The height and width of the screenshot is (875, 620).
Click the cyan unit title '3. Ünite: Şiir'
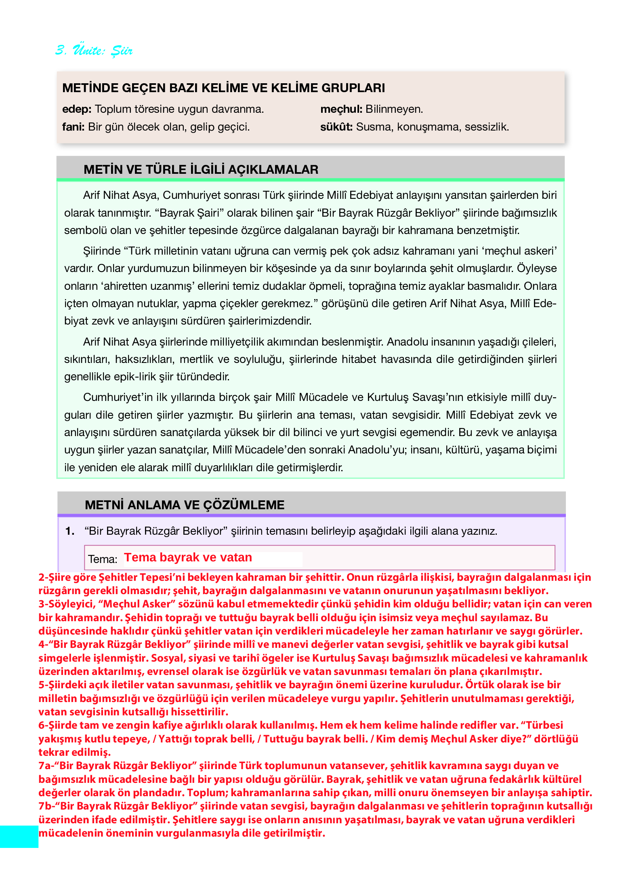point(94,50)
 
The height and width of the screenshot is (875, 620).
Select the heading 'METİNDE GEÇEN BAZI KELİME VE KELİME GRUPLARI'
point(223,88)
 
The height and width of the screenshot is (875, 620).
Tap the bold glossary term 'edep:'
point(77,109)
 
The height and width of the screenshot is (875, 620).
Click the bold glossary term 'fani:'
point(73,127)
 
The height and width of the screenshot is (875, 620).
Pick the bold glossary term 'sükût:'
point(336,127)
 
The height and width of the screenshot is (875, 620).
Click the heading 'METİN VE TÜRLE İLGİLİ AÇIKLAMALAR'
point(201,169)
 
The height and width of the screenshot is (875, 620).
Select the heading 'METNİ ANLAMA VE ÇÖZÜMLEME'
point(185,505)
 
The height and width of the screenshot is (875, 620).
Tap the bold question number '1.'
point(70,531)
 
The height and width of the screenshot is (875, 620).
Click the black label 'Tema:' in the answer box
point(103,559)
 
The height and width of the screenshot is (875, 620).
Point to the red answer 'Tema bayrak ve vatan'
point(188,558)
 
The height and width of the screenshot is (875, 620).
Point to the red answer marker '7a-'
point(46,766)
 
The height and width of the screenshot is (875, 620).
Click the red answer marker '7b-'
point(46,806)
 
